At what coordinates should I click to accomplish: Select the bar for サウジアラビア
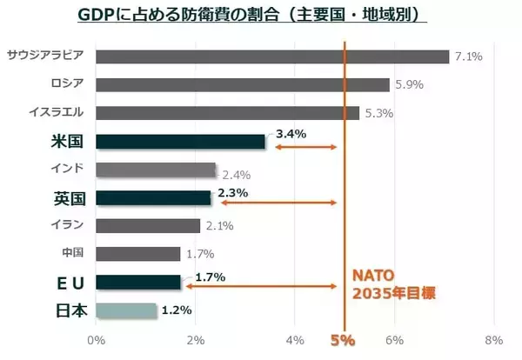272,57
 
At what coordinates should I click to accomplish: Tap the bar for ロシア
242,85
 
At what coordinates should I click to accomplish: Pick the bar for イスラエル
227,113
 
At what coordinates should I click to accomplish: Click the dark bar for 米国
180,141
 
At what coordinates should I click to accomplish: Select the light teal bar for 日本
125,310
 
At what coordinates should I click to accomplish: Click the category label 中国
72,253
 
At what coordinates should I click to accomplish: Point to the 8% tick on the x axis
493,339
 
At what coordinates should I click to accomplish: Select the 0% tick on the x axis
96,339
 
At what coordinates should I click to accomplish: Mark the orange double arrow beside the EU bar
260,287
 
